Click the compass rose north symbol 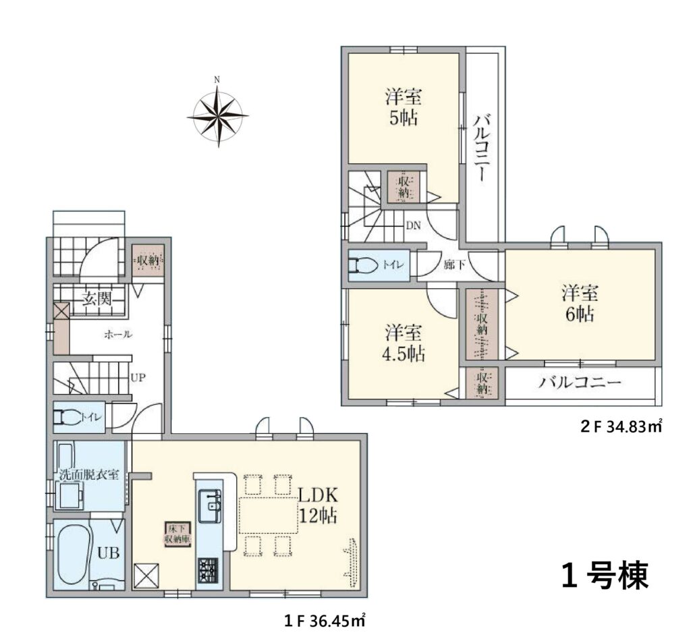pyautogui.click(x=217, y=113)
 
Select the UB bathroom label pyautogui.click(x=109, y=553)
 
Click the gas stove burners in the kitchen pyautogui.click(x=208, y=570)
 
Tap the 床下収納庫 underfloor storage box pyautogui.click(x=178, y=534)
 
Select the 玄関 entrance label pyautogui.click(x=97, y=300)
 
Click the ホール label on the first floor pyautogui.click(x=118, y=335)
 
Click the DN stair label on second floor pyautogui.click(x=414, y=226)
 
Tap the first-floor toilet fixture pyautogui.click(x=67, y=416)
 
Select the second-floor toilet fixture pyautogui.click(x=362, y=265)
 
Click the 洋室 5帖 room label pyautogui.click(x=404, y=107)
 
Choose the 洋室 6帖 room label pyautogui.click(x=579, y=304)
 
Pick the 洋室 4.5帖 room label pyautogui.click(x=404, y=343)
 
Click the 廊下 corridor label pyautogui.click(x=455, y=265)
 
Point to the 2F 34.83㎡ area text pyautogui.click(x=621, y=426)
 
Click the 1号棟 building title pyautogui.click(x=605, y=576)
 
